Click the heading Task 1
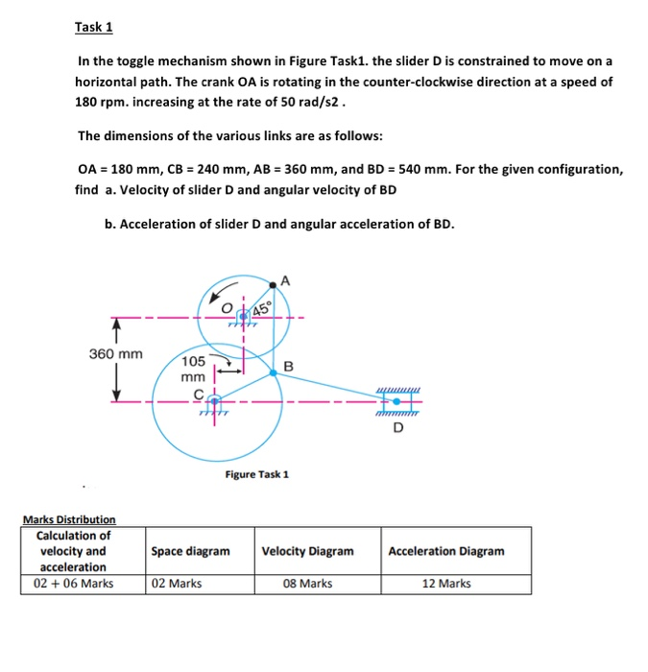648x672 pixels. [94, 27]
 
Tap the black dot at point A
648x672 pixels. [276, 283]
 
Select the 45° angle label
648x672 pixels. [262, 307]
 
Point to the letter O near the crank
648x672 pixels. [228, 308]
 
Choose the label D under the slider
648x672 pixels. [397, 428]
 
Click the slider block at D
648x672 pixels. [396, 401]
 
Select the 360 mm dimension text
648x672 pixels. [116, 354]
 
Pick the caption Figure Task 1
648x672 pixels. [257, 474]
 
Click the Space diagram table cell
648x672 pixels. [190, 551]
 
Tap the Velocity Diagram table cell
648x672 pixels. [307, 551]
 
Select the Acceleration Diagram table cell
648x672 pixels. [446, 551]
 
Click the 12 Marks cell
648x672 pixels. [446, 583]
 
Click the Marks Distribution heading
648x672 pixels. [69, 519]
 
